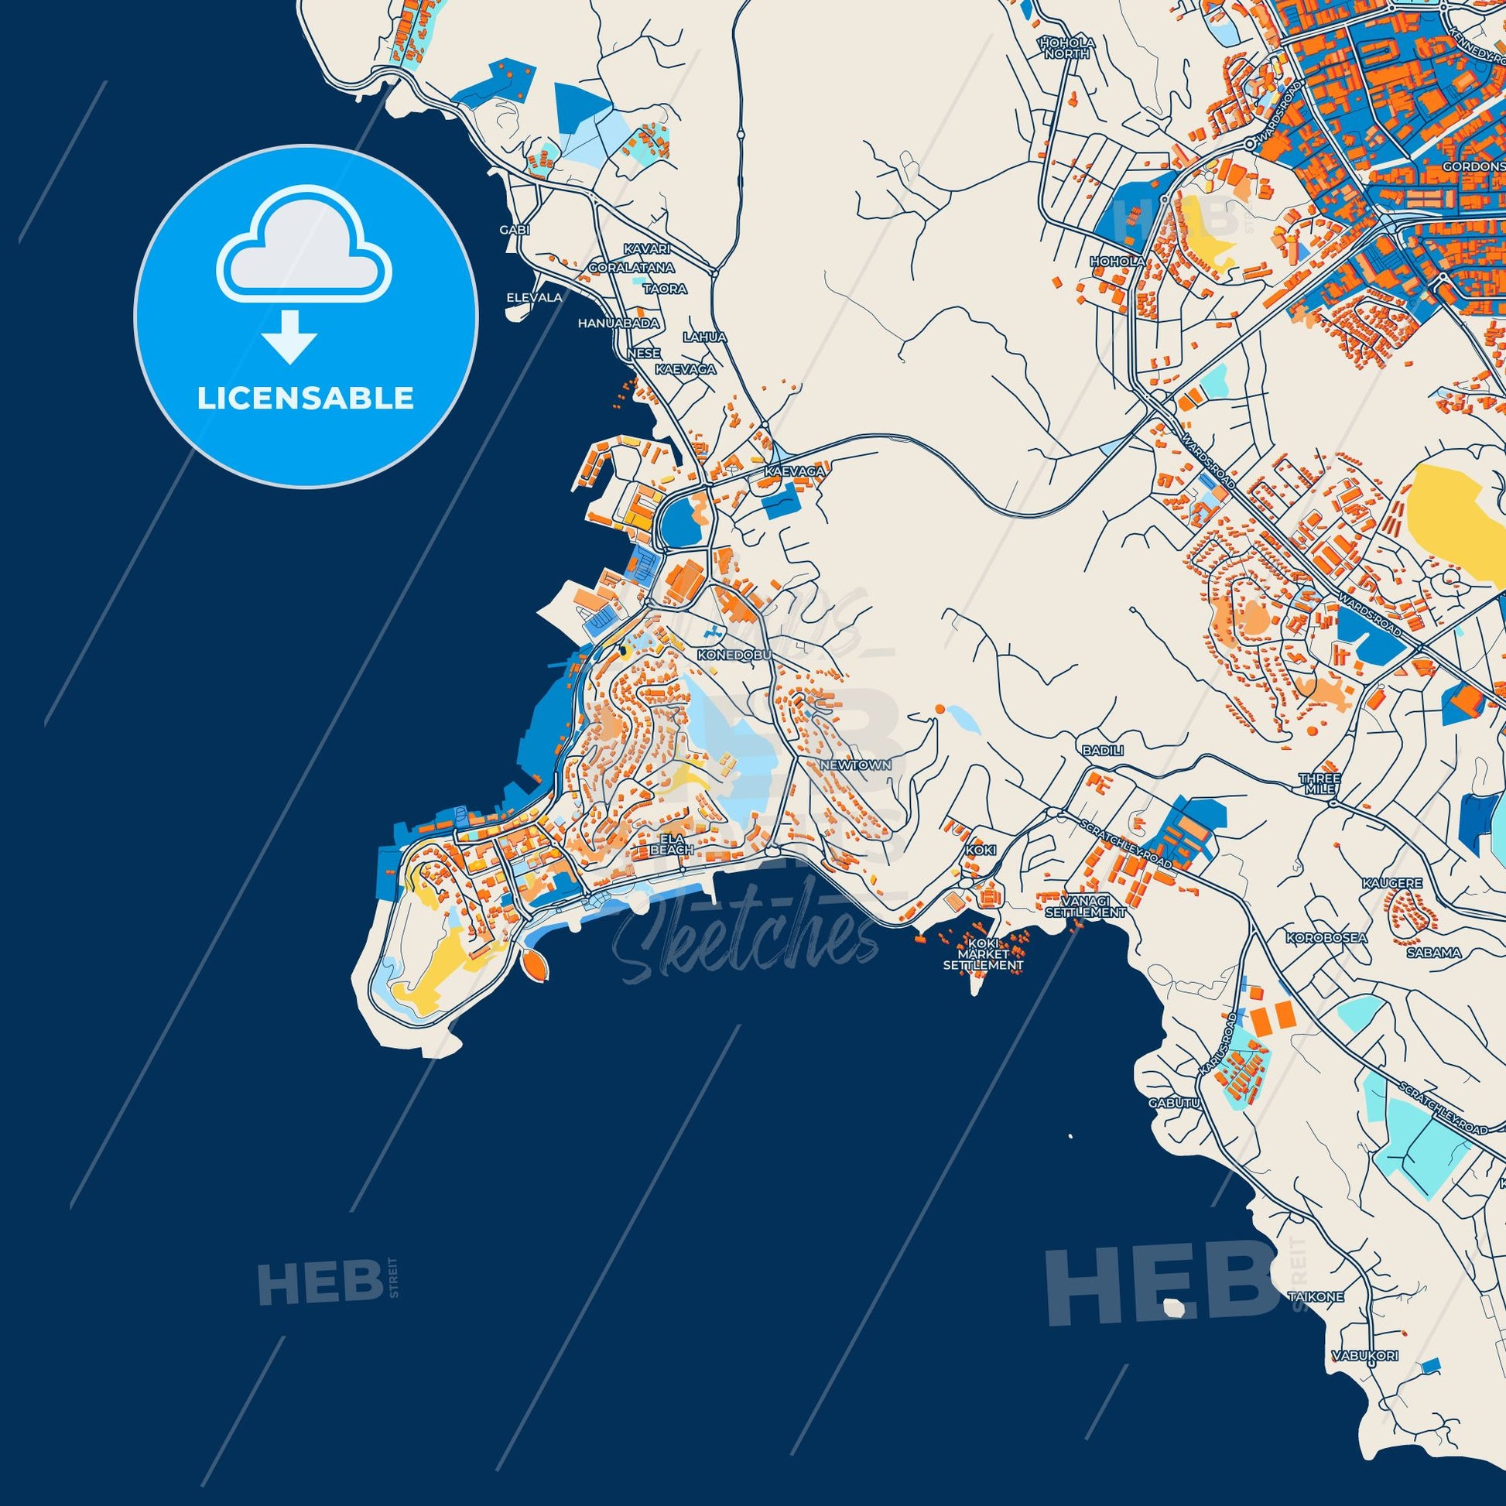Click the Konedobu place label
click(735, 655)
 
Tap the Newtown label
click(854, 765)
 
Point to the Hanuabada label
click(618, 323)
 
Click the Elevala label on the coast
click(534, 297)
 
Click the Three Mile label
click(1319, 784)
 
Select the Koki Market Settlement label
click(982, 954)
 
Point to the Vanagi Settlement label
click(1085, 905)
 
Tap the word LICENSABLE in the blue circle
click(305, 398)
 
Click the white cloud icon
click(305, 252)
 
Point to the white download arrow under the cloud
click(289, 334)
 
